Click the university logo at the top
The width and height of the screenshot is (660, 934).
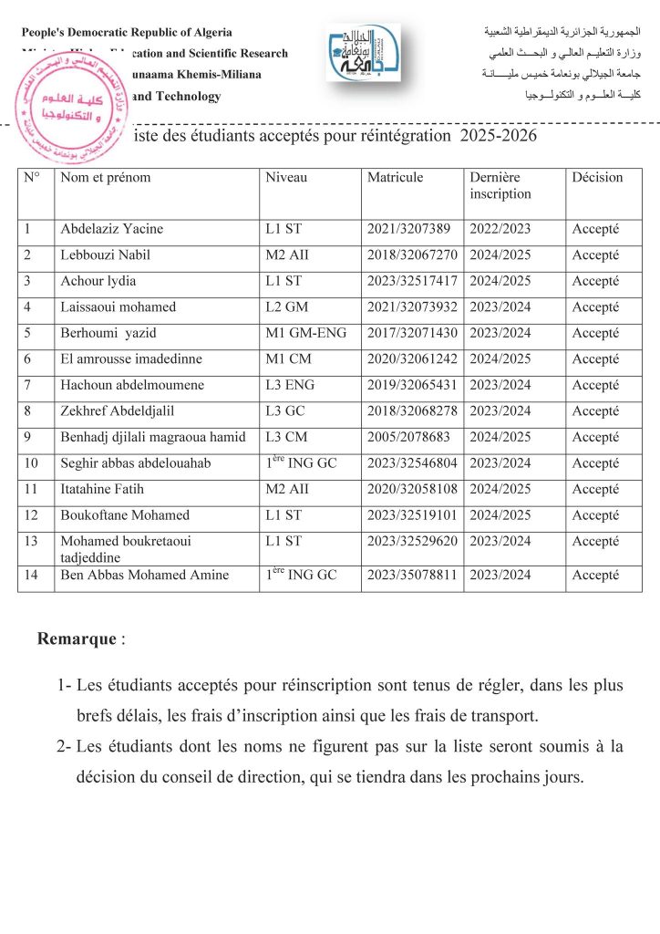pyautogui.click(x=363, y=53)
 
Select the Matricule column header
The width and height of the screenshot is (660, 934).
pyautogui.click(x=395, y=178)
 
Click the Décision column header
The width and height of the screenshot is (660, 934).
pyautogui.click(x=597, y=178)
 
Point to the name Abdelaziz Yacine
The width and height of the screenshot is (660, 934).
pyautogui.click(x=111, y=229)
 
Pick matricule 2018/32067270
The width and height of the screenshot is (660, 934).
pyautogui.click(x=412, y=254)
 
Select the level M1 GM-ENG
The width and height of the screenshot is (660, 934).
pyautogui.click(x=306, y=333)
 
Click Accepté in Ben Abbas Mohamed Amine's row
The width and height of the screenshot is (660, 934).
pyautogui.click(x=595, y=576)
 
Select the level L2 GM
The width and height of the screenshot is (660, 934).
pyautogui.click(x=286, y=307)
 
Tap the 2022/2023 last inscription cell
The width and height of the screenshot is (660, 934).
pyautogui.click(x=500, y=229)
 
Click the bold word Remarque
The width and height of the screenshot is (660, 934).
pyautogui.click(x=77, y=638)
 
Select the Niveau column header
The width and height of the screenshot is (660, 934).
pyautogui.click(x=286, y=178)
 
